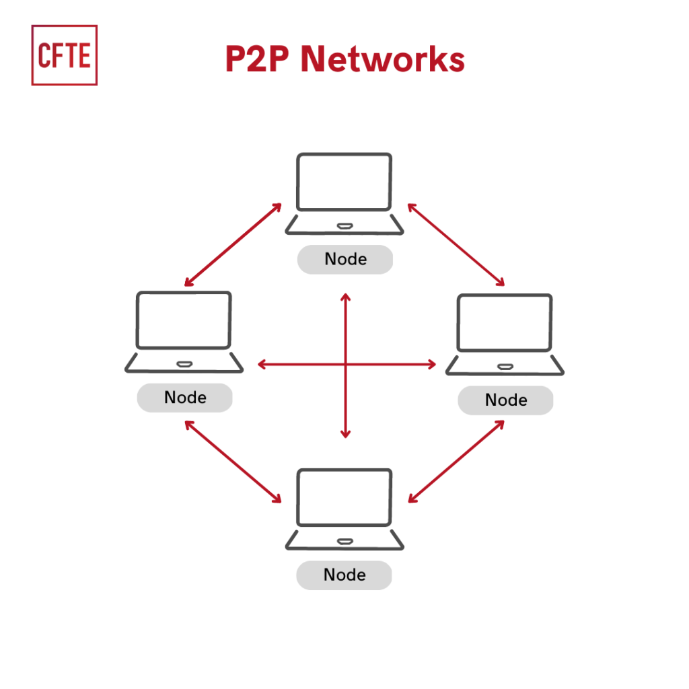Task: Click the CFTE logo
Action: [65, 55]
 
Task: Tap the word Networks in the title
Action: [382, 59]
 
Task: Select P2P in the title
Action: [258, 59]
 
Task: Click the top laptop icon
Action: [344, 194]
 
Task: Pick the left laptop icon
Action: [184, 331]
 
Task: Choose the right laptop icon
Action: [505, 334]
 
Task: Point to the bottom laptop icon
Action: [344, 509]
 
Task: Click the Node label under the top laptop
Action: [345, 259]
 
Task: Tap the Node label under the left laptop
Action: [185, 398]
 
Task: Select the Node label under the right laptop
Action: [505, 400]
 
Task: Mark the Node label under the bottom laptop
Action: [344, 575]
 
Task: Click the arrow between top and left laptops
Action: [233, 245]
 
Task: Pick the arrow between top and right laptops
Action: [456, 245]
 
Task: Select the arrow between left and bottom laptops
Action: [233, 462]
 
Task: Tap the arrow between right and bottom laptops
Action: [456, 462]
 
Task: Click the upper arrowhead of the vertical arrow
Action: [346, 298]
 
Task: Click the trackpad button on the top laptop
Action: [344, 225]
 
